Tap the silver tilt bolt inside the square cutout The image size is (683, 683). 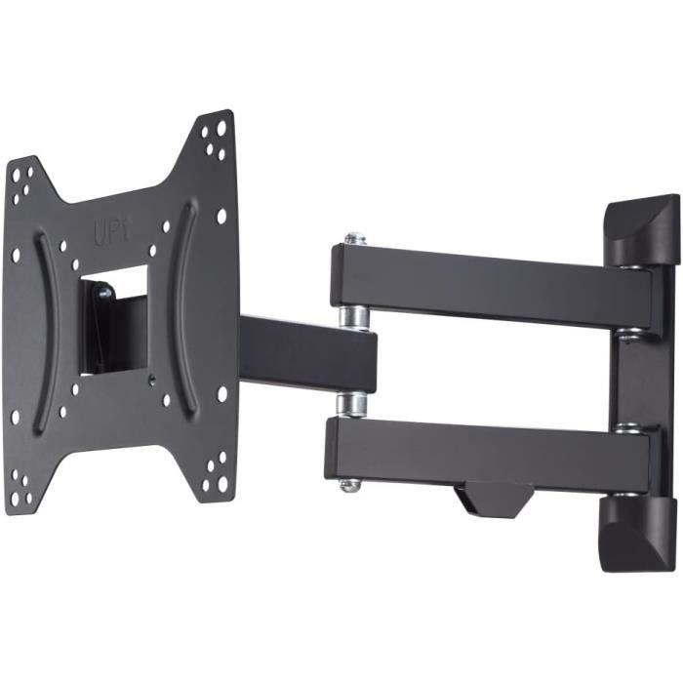click(x=102, y=290)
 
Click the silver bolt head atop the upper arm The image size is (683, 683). click(x=354, y=238)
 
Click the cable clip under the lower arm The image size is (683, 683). click(x=493, y=498)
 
